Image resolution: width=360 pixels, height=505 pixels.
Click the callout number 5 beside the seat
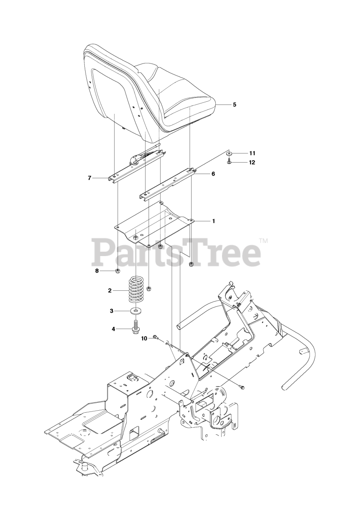coord(234,105)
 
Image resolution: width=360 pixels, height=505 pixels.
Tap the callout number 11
coord(252,153)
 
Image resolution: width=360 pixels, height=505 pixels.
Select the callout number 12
coord(252,162)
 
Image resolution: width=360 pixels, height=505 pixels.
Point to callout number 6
coord(213,173)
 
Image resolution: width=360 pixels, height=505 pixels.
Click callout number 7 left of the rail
coord(90,178)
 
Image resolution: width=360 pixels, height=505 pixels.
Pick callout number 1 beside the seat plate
coord(213,221)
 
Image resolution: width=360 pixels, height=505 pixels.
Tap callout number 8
coord(97,271)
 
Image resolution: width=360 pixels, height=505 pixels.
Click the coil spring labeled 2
coord(136,291)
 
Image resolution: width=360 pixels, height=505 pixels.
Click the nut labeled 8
coord(118,271)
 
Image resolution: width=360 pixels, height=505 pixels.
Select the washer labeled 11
coord(229,153)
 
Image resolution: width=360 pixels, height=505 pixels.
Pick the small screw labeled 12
coord(229,162)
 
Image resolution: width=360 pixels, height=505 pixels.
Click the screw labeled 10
coord(156,337)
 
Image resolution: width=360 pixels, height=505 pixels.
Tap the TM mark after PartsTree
coord(263,240)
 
